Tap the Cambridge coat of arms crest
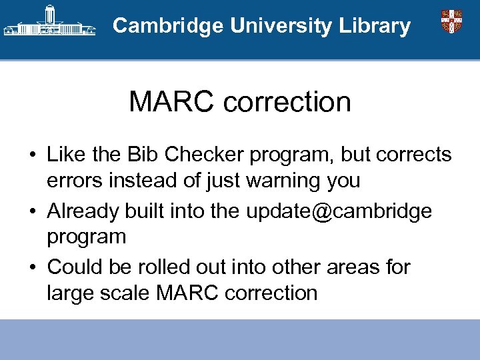pos(451,21)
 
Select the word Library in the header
pos(375,26)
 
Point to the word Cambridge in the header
pos(168,26)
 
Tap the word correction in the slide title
pos(287,102)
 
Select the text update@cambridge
pos(339,211)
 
